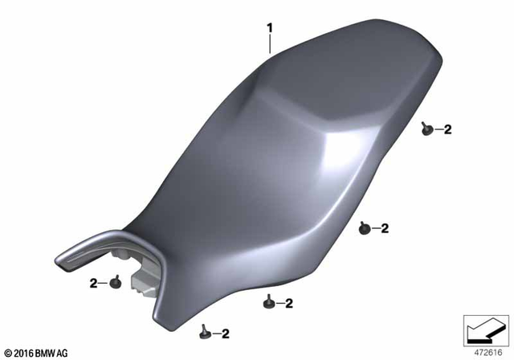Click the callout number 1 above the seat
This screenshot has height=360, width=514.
(271, 28)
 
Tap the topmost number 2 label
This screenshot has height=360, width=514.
(448, 129)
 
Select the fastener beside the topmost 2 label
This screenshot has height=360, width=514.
(427, 128)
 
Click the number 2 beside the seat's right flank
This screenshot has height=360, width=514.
(385, 229)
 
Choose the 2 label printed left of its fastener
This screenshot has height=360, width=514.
(94, 283)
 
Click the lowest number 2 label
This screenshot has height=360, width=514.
(226, 333)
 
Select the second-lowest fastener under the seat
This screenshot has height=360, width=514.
(267, 303)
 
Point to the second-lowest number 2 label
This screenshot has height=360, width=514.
(288, 304)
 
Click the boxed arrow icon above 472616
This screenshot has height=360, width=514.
(485, 329)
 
